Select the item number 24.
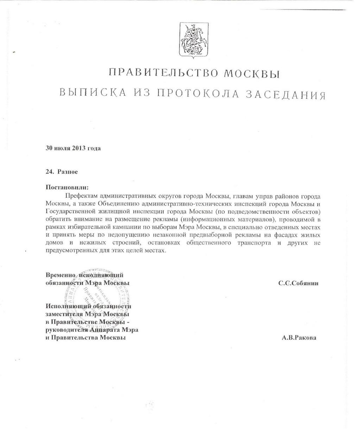click(x=49, y=172)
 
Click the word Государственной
click(x=74, y=211)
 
